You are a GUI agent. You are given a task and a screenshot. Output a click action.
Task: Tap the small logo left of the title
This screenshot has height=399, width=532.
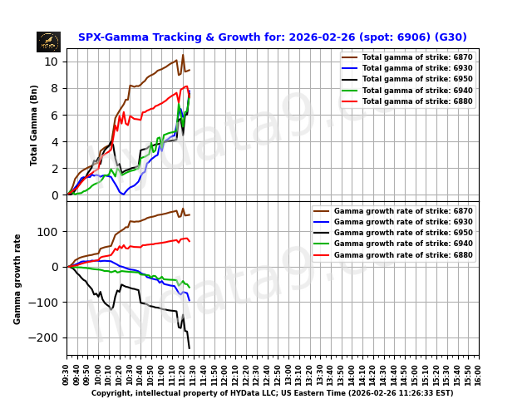pos(48,42)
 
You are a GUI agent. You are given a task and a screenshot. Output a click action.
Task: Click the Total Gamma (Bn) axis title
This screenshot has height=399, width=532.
pos(34,125)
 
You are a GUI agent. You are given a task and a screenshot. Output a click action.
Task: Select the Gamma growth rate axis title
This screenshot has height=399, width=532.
pos(17,278)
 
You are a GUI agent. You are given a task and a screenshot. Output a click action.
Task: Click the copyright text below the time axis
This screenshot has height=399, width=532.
pos(272,393)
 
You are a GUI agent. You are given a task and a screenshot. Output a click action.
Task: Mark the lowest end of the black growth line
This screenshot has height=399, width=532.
pos(190,347)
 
